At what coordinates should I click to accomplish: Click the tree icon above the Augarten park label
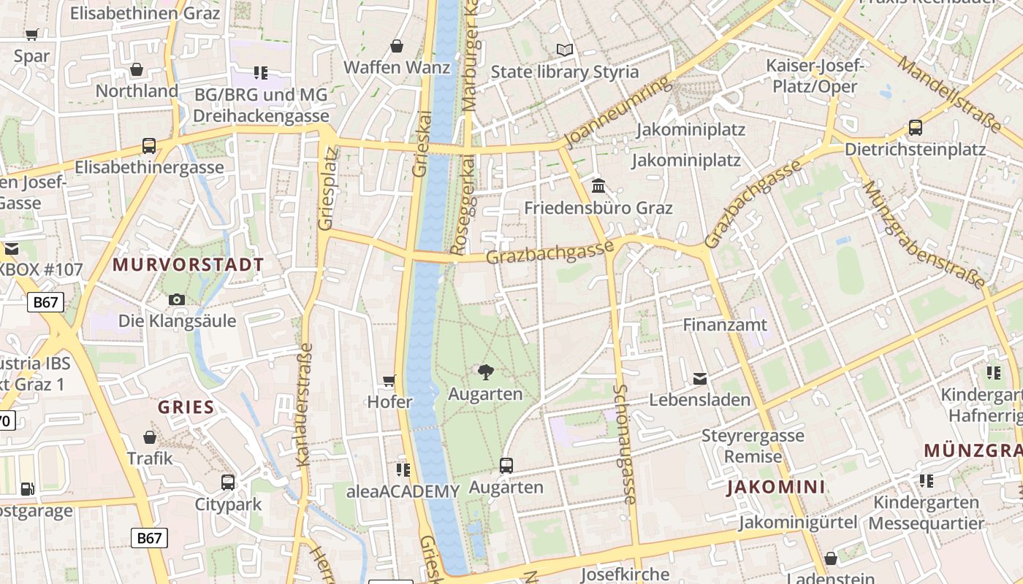coord(485,372)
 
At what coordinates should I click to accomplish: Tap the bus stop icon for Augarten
coord(506,465)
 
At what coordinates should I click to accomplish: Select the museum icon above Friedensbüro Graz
coord(598,185)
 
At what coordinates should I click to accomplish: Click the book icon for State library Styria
coord(564,50)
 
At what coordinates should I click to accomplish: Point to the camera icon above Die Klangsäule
coord(176,299)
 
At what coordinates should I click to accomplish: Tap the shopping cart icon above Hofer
coord(389,380)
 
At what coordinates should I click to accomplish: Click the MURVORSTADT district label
coord(189,265)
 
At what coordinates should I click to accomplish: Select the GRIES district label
coord(186,407)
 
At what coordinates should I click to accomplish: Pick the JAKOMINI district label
coord(776,488)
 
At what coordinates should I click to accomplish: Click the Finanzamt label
coord(725,325)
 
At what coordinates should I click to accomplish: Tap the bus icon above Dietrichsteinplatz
coord(915,128)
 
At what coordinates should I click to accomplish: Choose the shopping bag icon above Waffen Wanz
coord(397,46)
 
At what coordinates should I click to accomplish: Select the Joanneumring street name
coord(618,112)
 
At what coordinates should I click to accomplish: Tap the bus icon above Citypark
coord(228,483)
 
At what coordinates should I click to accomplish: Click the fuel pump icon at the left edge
coord(27,489)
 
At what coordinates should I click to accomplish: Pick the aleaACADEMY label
coord(403,491)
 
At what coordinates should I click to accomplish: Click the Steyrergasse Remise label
coord(753,446)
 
